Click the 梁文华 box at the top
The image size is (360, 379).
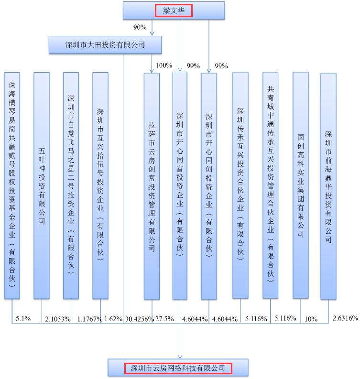tap(174, 10)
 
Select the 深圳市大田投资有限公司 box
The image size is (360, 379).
tap(105, 45)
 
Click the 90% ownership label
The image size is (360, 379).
tap(140, 27)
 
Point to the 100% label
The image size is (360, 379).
tap(164, 65)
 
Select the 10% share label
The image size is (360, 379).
tap(311, 319)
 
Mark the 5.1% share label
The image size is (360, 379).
tap(23, 318)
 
